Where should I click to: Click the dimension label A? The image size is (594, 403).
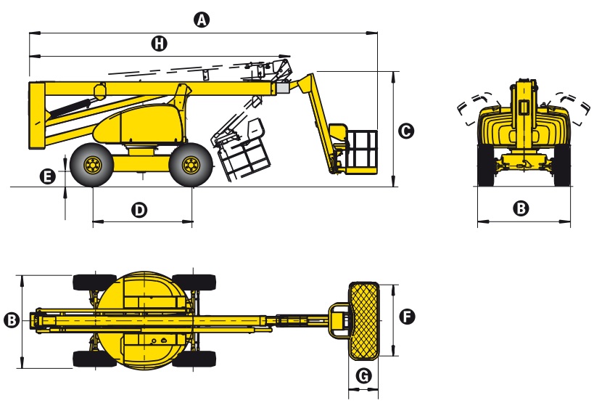(203, 20)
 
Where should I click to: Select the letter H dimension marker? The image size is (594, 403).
(159, 44)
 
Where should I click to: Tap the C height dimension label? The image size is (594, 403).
(406, 131)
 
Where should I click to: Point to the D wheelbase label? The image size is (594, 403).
(139, 210)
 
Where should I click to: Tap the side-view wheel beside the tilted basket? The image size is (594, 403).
(190, 166)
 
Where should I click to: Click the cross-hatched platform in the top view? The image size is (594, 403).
(364, 320)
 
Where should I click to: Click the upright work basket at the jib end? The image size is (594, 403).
(360, 152)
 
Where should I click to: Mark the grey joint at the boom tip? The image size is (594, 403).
(282, 87)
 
